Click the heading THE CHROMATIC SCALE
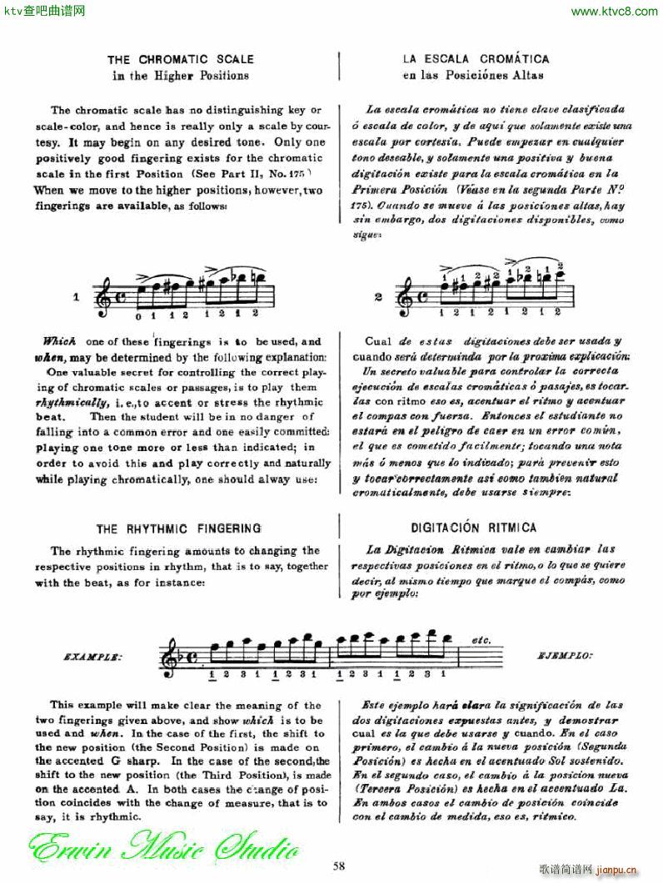click(180, 60)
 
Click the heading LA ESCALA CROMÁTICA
click(476, 60)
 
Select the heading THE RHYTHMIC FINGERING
click(178, 528)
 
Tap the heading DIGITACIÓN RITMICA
click(474, 528)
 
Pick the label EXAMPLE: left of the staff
click(92, 656)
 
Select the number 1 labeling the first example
click(76, 296)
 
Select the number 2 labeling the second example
click(379, 296)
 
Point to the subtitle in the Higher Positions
click(181, 75)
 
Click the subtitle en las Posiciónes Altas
click(472, 75)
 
